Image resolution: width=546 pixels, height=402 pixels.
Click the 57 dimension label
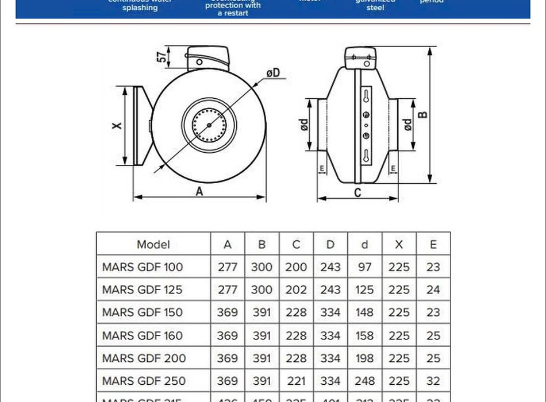pos(163,56)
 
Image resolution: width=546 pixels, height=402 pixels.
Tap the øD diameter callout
pos(272,73)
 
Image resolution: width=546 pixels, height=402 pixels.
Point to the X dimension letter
pos(117,125)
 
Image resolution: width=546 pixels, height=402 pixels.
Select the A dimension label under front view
pos(199,192)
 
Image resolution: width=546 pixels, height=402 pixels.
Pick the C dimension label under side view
pos(357,193)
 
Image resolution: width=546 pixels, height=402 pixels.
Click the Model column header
pos(153,244)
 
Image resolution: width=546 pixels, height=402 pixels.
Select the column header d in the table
pos(364,244)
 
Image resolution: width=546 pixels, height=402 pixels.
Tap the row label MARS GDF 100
pos(143,267)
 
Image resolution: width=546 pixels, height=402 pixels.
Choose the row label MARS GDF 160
pos(143,335)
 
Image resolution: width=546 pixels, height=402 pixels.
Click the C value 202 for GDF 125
pos(296,290)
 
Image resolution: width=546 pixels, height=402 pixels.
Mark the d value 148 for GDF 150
pos(364,312)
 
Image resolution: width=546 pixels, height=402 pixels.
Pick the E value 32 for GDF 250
pos(433,381)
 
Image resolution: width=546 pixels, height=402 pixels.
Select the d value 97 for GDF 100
pos(364,267)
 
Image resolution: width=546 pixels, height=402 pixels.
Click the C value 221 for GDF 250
pos(296,381)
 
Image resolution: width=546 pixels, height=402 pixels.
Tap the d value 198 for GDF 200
pos(364,358)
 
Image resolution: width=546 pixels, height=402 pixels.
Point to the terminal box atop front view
pos(209,57)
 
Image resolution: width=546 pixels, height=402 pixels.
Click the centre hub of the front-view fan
pos(209,125)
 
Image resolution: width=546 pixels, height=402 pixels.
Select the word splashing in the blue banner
pos(140,8)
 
